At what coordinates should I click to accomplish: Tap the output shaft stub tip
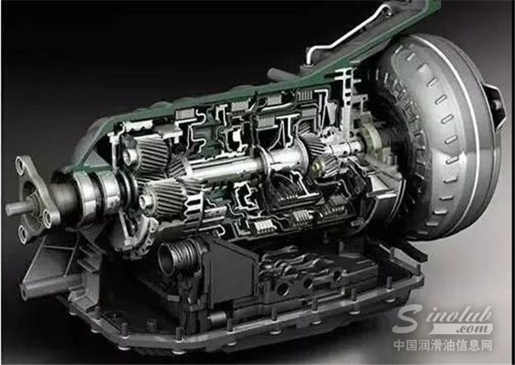pyautogui.click(x=9, y=210)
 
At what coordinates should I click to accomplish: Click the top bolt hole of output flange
pyautogui.click(x=20, y=162)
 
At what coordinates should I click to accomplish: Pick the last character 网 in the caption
pyautogui.click(x=486, y=345)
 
